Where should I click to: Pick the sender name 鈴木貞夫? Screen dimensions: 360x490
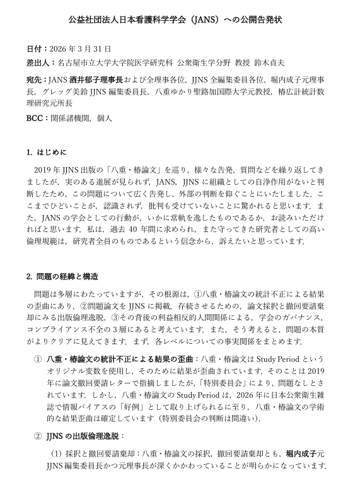269,63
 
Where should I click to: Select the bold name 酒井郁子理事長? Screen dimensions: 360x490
98,80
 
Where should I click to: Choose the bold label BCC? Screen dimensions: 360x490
36,117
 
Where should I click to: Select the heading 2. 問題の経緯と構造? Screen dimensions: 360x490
62,276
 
